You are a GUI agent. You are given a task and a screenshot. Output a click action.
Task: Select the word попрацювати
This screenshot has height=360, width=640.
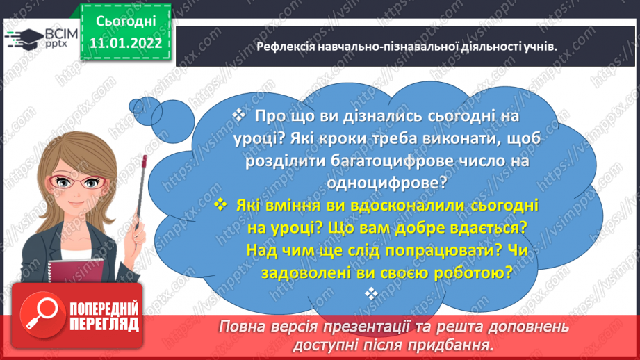[438, 249]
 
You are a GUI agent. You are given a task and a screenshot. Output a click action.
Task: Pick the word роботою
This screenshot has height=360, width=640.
[478, 272]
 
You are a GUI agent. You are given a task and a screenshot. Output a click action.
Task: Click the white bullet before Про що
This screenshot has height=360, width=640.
[238, 115]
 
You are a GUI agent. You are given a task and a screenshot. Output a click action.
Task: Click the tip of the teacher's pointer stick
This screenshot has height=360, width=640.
[145, 161]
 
